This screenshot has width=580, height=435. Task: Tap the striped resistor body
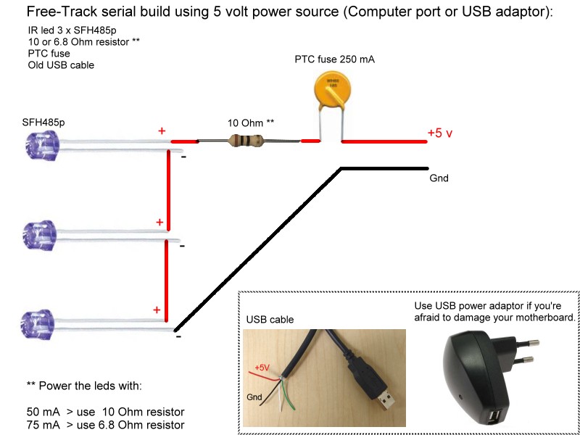click(246, 141)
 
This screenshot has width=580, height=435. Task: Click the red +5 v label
click(440, 133)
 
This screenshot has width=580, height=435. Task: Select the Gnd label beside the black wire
click(439, 178)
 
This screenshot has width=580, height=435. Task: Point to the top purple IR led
click(40, 146)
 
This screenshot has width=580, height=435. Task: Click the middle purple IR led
click(39, 235)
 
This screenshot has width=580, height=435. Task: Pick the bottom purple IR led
click(38, 324)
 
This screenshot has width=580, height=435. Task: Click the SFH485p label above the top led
click(43, 122)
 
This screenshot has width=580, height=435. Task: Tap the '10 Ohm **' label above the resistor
click(251, 123)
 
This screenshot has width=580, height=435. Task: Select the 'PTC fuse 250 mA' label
click(334, 59)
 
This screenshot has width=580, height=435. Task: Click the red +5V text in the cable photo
click(262, 368)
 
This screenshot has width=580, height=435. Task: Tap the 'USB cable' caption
click(270, 319)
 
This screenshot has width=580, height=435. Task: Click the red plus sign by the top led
click(162, 131)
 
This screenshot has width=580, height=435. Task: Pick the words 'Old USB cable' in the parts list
click(61, 65)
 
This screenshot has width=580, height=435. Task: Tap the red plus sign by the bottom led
click(157, 310)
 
